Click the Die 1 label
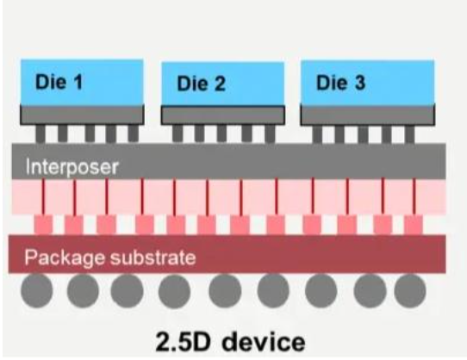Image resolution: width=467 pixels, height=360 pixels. coord(59,82)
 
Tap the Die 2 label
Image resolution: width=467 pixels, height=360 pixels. coord(201,84)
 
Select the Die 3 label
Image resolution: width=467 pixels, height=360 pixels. coord(340,82)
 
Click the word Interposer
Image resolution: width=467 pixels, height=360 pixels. coord(72,167)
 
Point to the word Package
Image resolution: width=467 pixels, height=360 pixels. coord(65,258)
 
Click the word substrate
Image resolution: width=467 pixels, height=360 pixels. coord(153,258)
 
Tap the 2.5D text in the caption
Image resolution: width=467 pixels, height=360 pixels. coord(183,342)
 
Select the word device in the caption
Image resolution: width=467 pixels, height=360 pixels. coord(264,342)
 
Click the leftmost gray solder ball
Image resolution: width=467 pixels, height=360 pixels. coord(37,290)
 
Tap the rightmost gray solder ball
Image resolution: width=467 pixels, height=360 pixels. coord(410,291)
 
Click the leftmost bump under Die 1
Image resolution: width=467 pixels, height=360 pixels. coord(40,133)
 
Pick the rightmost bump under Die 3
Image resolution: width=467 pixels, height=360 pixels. coord(409,134)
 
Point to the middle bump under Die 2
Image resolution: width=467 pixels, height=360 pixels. coord(221,133)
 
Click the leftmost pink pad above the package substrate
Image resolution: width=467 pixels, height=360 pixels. coord(43,225)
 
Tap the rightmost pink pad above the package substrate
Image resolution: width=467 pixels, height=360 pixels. coord(414,225)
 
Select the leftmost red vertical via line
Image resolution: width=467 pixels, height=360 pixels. coord(43,196)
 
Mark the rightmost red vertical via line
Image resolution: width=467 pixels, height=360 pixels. coord(414,196)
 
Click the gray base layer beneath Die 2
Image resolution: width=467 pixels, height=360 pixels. coord(223,115)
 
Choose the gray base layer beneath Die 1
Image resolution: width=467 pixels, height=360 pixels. coord(82,115)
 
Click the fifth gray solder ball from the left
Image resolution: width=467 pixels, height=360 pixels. coord(225,291)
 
